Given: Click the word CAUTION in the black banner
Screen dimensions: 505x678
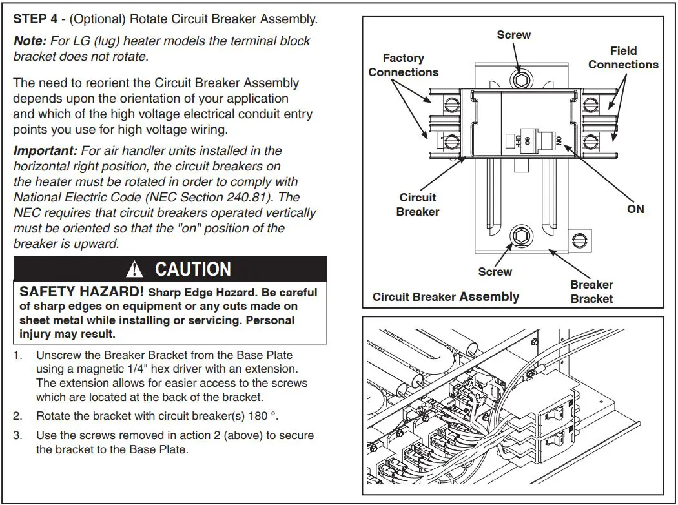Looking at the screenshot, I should pos(193,269).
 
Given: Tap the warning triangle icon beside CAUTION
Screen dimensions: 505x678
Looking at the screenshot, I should pos(135,269).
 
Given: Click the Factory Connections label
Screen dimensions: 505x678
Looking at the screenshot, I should pos(403,65).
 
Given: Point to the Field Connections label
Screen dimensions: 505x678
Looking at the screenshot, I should pos(622,57).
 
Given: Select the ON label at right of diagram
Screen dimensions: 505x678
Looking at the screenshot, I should pos(635,209).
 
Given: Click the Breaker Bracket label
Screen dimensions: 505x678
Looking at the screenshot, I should pos(591,291).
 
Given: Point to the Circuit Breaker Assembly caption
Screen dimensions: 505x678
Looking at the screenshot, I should pos(446,297).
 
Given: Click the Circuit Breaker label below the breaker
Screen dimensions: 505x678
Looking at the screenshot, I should pos(418,205).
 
